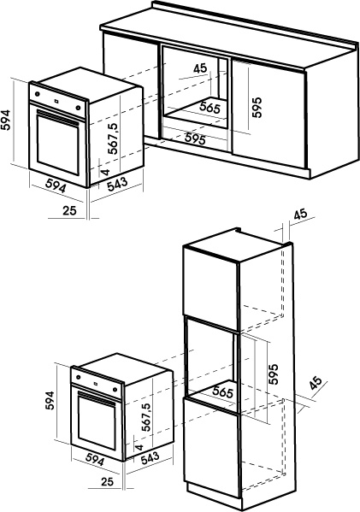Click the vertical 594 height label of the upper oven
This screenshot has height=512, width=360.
pos(5,120)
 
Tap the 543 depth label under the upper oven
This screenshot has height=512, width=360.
pos(118,184)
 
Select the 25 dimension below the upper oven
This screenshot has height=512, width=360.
pos(69,210)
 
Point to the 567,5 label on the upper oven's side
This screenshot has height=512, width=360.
pos(114,138)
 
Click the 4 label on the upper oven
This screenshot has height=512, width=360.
pos(105,172)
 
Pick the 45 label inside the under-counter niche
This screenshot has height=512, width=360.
pos(200,68)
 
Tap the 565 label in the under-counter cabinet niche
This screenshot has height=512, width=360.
pos(210,108)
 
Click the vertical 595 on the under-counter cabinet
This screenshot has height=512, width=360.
pos(257,107)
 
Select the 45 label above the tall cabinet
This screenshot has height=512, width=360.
pos(300,214)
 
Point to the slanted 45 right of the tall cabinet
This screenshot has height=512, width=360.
pos(316,383)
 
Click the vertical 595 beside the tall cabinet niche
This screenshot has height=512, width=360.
pos(274,374)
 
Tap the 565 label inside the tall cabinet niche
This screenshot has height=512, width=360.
pos(223,391)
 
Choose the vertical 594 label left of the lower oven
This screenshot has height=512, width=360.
pos(50,401)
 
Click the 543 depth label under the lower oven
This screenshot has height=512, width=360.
pos(150,458)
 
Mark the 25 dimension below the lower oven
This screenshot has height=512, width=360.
pos(107,481)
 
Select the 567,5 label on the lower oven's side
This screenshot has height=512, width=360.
pos(147,417)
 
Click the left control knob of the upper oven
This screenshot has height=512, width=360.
pos(37,94)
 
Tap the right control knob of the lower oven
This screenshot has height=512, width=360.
pos(115,389)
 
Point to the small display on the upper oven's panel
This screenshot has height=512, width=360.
pos(56,101)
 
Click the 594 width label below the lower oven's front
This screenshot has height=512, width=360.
pos(95,460)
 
